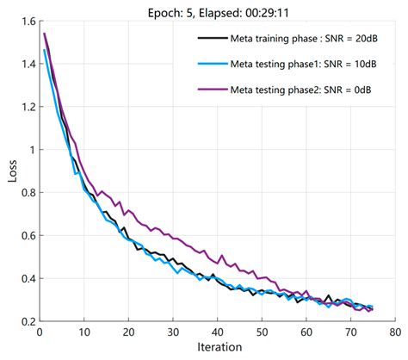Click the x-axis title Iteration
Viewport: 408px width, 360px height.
[217, 349]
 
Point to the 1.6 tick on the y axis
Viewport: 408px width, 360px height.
[26, 22]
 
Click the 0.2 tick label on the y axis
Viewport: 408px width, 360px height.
[26, 320]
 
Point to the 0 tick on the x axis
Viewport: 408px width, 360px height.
[40, 332]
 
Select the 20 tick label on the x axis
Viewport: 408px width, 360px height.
[127, 332]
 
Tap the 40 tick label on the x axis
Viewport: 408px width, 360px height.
[216, 332]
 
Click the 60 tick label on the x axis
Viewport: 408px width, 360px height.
[306, 332]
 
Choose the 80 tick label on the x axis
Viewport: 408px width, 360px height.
[393, 332]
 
